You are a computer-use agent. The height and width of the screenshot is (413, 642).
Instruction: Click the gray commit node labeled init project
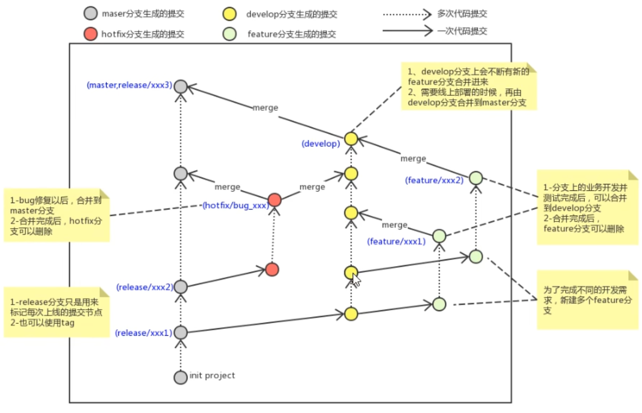[x=180, y=377]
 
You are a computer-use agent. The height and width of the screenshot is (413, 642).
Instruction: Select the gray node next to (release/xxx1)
[x=180, y=332]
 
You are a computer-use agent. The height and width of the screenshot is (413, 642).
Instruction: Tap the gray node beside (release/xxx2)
[x=180, y=287]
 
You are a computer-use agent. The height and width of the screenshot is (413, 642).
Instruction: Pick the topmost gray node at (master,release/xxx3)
[x=180, y=86]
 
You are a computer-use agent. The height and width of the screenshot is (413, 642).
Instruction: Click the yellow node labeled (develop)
[x=351, y=139]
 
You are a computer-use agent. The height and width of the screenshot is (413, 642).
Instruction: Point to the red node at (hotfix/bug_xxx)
[x=274, y=200]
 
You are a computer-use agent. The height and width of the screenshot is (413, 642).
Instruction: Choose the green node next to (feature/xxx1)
[x=439, y=236]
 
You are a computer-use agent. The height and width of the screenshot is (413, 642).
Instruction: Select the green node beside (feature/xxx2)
[x=476, y=178]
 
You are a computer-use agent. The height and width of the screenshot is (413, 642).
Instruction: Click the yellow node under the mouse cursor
[x=351, y=273]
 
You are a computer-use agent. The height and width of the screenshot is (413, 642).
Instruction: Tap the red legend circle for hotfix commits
[x=91, y=34]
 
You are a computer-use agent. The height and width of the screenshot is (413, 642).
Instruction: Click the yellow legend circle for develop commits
[x=230, y=14]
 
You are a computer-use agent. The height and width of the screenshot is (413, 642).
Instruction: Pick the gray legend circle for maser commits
[x=91, y=13]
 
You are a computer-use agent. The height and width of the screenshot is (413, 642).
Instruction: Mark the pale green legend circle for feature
[x=230, y=34]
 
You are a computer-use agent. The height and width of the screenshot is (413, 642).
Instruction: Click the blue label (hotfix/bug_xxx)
[x=235, y=205]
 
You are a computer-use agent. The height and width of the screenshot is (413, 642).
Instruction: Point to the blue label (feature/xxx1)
[x=396, y=241]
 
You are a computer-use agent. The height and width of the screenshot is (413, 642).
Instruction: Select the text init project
[x=212, y=376]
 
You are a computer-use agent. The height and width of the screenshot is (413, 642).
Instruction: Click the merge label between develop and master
[x=265, y=108]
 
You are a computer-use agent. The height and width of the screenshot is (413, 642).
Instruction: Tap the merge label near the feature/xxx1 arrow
[x=394, y=225]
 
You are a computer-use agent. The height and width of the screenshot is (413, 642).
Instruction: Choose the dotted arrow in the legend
[x=407, y=15]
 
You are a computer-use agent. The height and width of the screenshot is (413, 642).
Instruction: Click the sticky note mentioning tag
[x=57, y=312]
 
